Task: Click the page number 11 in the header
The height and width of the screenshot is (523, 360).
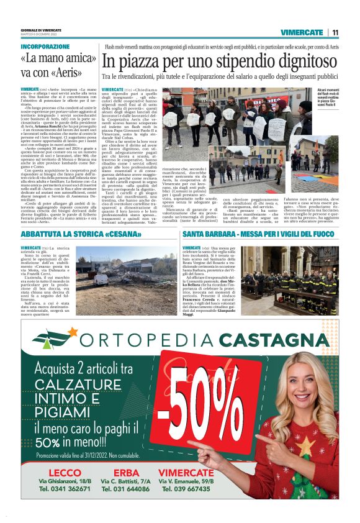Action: click(x=335, y=32)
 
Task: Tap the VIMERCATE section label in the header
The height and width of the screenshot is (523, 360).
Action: click(x=302, y=32)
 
